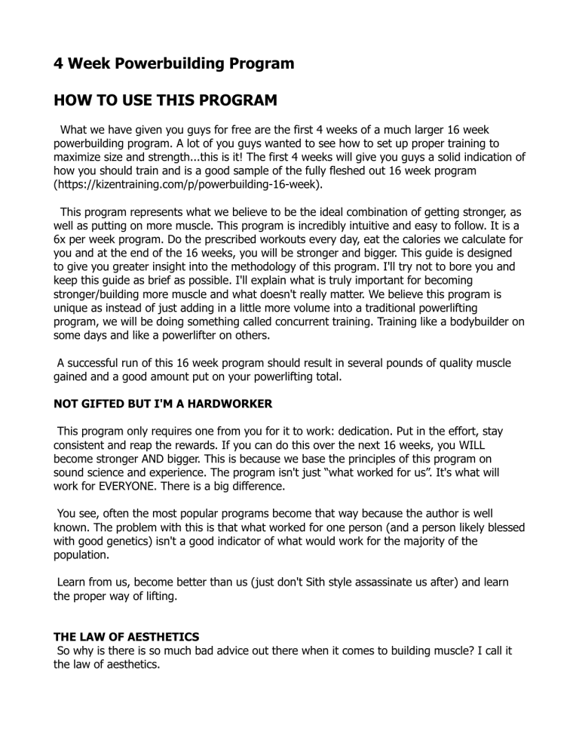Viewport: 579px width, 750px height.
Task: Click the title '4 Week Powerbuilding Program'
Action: [x=173, y=63]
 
